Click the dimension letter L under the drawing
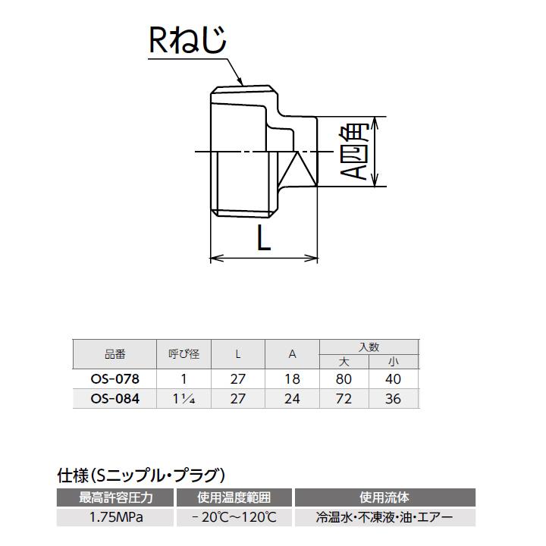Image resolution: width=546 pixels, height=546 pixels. [262, 240]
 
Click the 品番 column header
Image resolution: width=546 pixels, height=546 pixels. [114, 354]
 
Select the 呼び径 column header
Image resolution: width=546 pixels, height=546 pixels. [183, 354]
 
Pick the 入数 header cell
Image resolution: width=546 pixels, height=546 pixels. [369, 347]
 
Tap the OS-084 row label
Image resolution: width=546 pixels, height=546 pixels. [114, 399]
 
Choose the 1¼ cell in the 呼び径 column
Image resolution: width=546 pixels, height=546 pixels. [183, 399]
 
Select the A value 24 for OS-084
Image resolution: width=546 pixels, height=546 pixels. [292, 399]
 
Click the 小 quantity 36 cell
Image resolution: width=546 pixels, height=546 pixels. [393, 399]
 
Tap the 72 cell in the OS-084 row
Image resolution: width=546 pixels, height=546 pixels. [344, 399]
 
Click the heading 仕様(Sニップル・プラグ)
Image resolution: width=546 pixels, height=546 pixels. [142, 475]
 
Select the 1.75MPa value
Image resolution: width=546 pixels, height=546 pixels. [116, 518]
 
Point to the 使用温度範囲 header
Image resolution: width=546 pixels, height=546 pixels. [234, 498]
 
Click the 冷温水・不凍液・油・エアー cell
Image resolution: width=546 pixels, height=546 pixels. [384, 518]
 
